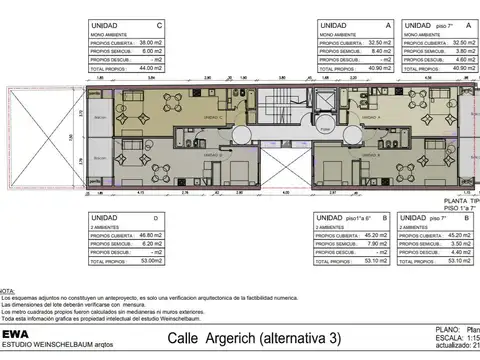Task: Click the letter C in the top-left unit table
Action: [x=160, y=25]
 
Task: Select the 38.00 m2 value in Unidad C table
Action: [x=150, y=42]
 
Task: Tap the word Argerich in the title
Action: [x=237, y=338]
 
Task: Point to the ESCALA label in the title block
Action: [x=448, y=337]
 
